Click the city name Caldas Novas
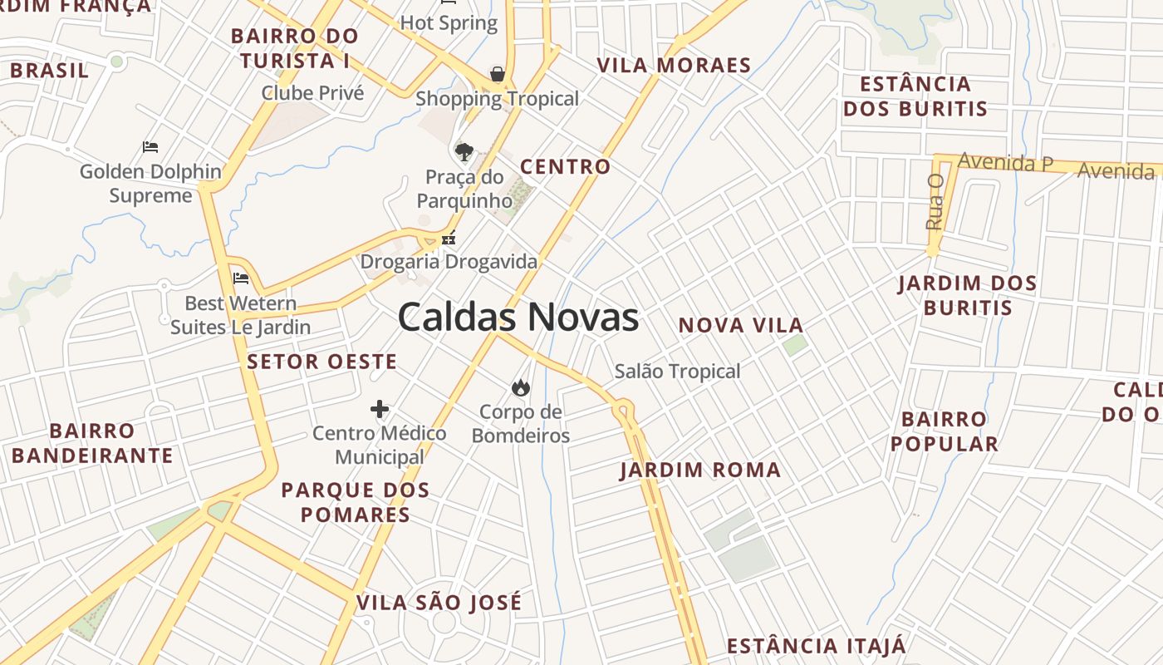click(x=518, y=318)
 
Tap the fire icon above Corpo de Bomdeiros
click(x=521, y=387)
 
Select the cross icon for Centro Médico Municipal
click(x=380, y=409)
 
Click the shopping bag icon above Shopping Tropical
click(x=497, y=74)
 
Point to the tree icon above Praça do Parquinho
click(x=464, y=151)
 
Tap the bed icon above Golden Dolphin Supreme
click(x=150, y=147)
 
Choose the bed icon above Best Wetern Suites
click(x=241, y=278)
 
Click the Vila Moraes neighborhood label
click(x=674, y=66)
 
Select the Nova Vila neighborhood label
click(x=741, y=325)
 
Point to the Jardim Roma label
click(x=700, y=470)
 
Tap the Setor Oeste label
click(x=321, y=362)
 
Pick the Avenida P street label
click(x=1005, y=162)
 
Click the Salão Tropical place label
click(x=677, y=371)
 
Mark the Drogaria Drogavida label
click(x=449, y=262)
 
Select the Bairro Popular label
click(x=945, y=431)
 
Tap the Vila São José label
click(x=439, y=602)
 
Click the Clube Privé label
click(x=312, y=92)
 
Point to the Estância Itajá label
click(x=817, y=646)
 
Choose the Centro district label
click(x=566, y=166)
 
